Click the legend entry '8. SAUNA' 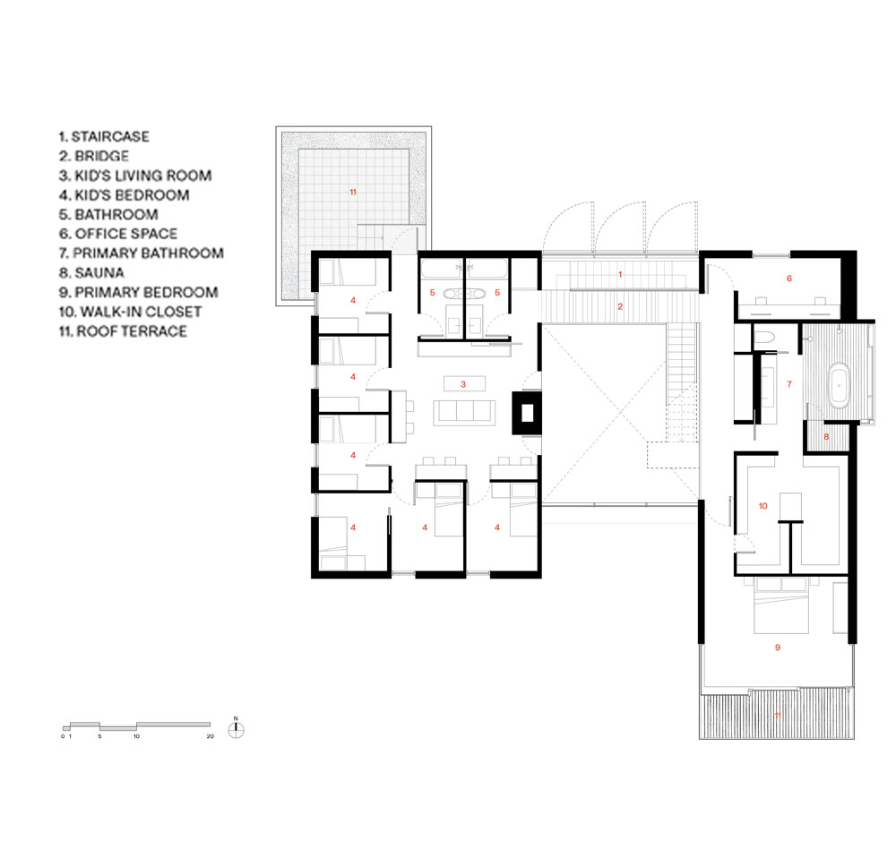tap(91, 272)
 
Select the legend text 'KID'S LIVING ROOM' tap(143, 176)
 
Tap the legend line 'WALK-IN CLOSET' tap(142, 312)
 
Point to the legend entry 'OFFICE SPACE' tap(126, 234)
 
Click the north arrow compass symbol tap(236, 729)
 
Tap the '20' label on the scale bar tap(211, 736)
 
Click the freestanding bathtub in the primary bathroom tap(839, 385)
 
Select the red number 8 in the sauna tap(826, 437)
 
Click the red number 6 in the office tap(789, 279)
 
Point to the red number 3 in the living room tap(463, 384)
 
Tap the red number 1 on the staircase tap(620, 274)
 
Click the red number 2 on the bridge tap(620, 307)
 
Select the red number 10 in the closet tap(762, 506)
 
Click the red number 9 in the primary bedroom tap(777, 647)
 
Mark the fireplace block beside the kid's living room tap(527, 413)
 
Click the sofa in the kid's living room tap(464, 413)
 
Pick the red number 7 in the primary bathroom tap(789, 384)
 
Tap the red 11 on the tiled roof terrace tap(353, 192)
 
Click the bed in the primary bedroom tap(781, 605)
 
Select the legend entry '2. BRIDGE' tap(94, 156)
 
